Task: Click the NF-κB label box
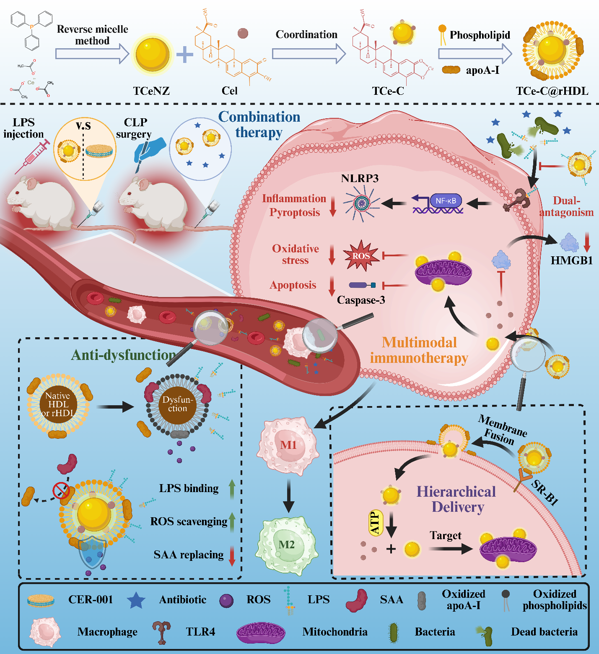coord(446,201)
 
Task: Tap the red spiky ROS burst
coord(361,256)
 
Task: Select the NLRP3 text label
coord(360,178)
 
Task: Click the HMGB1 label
coord(571,261)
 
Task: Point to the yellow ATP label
coord(375,523)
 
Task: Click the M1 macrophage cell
coord(288,446)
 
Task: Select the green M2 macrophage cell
coord(288,544)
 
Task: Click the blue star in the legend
coord(136,600)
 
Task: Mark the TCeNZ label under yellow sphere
coord(151,91)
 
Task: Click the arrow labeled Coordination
coord(309,54)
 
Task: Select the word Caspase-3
coord(361,300)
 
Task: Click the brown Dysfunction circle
coord(177,404)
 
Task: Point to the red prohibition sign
coord(60,490)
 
